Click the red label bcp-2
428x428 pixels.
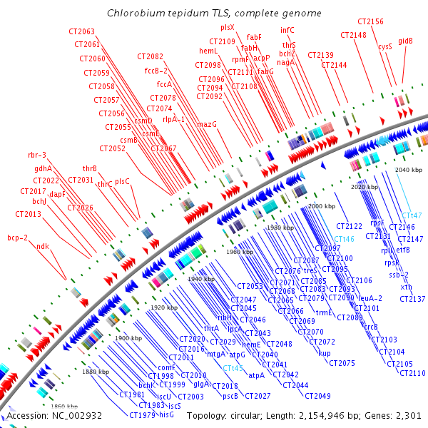18,238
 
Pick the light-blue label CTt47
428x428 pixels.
412,215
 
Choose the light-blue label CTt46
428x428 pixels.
345,239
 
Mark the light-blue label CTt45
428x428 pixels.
233,367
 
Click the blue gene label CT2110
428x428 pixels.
413,373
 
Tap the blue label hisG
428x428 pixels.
166,414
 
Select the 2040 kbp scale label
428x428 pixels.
408,170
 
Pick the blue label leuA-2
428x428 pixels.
370,298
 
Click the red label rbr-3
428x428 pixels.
37,155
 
